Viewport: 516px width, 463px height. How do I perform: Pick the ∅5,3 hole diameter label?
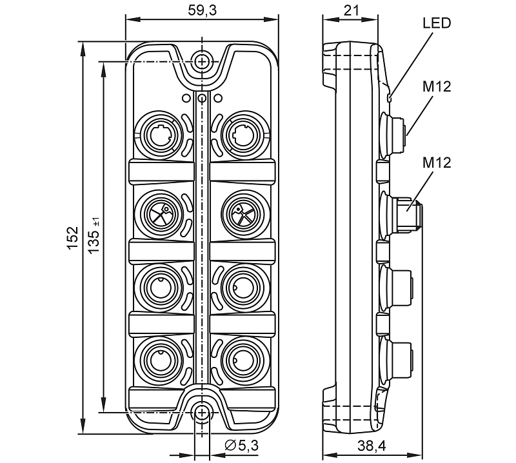click(241, 445)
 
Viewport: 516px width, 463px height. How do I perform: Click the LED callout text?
click(437, 24)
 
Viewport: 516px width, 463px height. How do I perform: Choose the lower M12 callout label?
click(437, 162)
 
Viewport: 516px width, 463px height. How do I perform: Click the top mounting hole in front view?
click(203, 62)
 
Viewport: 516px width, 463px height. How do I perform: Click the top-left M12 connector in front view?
click(157, 134)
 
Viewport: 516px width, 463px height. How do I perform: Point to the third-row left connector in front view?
click(157, 284)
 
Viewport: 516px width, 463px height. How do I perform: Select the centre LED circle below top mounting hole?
click(202, 98)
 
